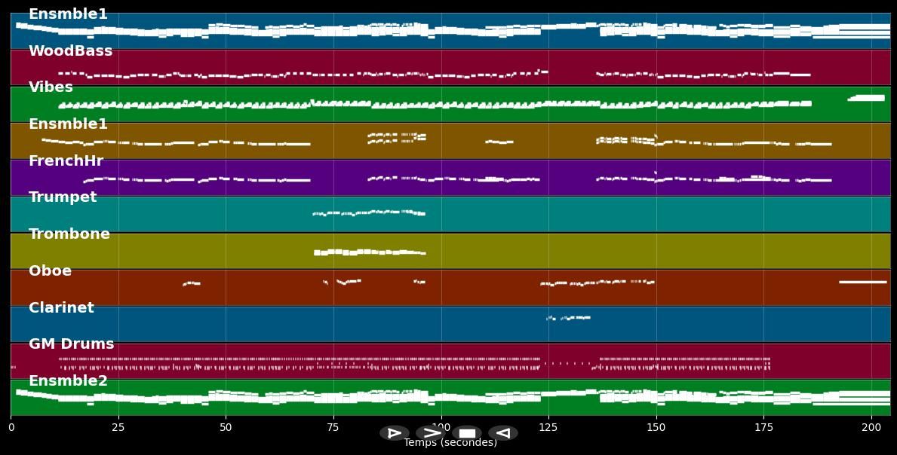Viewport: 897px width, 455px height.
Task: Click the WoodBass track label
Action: [70, 51]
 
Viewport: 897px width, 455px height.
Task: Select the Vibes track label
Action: [51, 87]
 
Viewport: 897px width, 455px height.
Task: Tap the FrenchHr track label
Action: [66, 161]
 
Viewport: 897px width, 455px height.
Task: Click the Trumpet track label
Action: [63, 197]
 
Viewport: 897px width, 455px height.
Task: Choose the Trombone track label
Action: [69, 234]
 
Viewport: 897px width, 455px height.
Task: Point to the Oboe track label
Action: [50, 271]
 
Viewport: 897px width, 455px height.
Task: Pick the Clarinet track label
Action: [61, 308]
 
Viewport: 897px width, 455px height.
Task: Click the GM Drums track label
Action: [71, 344]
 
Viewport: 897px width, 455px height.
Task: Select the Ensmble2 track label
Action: [68, 381]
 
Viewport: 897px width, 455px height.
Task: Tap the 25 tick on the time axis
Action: [118, 427]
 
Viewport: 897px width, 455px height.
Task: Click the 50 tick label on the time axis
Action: [226, 427]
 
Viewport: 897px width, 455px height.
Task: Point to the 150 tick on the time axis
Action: [656, 427]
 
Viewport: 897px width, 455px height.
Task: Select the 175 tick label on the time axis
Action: [763, 427]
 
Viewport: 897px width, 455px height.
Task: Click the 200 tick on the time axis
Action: [871, 427]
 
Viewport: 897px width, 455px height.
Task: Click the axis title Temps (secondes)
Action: [450, 443]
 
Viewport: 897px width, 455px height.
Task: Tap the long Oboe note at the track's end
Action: [862, 282]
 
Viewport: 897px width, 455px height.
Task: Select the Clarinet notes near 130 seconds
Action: [570, 318]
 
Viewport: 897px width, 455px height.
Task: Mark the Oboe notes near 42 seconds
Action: [192, 283]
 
